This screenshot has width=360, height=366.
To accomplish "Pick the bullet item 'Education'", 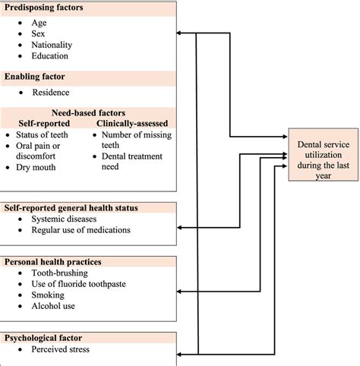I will tap(50, 55).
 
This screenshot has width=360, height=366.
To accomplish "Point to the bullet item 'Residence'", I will tap(50, 93).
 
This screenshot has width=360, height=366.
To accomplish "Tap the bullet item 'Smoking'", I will tap(48, 295).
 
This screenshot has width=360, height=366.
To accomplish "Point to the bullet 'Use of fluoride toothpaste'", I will tap(78, 283).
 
